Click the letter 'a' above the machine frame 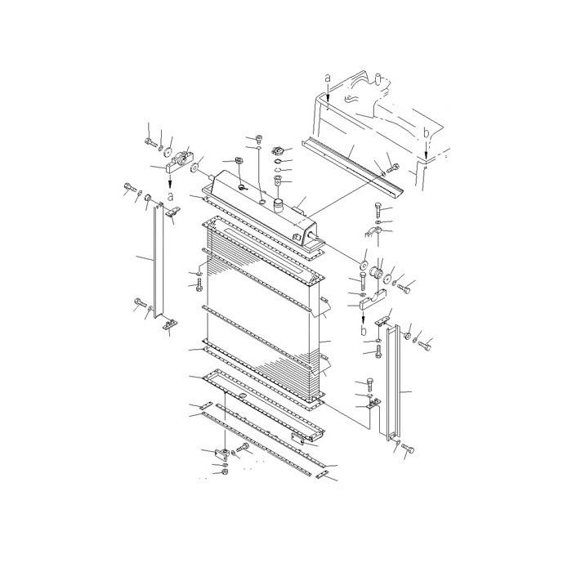tap(328, 77)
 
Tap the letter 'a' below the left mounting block tap(171, 197)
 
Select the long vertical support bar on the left tap(154, 261)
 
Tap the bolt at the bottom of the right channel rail tap(407, 448)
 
